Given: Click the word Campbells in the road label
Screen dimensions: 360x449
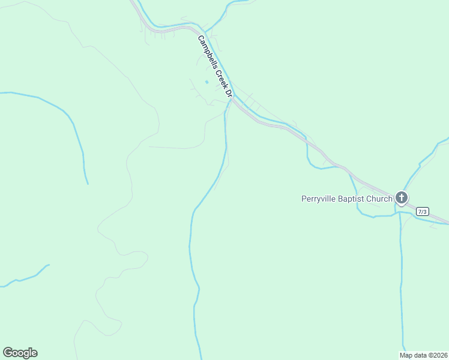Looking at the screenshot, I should click(206, 50).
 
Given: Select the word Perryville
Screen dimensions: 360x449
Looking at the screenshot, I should click(321, 199).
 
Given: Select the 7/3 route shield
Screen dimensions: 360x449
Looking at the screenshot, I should click(423, 211).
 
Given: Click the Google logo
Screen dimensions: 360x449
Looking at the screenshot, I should click(20, 353).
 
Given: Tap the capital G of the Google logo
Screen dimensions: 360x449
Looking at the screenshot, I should click(8, 352).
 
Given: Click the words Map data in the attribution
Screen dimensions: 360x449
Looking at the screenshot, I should click(413, 355).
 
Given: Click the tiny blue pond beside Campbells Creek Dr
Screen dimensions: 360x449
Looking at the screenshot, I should click(206, 82).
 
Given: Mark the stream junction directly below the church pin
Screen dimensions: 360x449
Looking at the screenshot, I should click(400, 212).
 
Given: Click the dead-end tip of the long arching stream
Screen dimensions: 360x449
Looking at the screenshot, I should click(88, 184).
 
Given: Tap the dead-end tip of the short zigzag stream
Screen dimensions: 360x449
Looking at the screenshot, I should click(49, 265).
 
